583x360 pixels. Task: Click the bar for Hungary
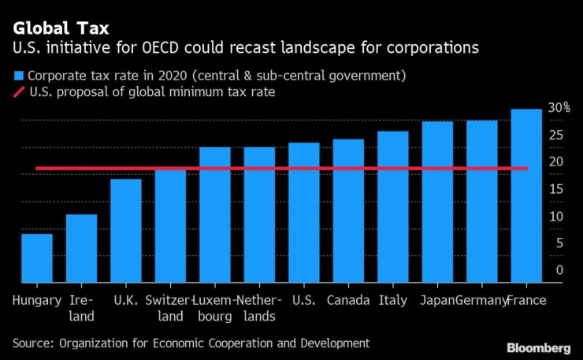pyautogui.click(x=37, y=258)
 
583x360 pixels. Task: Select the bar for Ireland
pyautogui.click(x=81, y=248)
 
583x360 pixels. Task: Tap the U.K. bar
pyautogui.click(x=126, y=230)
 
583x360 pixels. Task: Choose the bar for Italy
pyautogui.click(x=392, y=206)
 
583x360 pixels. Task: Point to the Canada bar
pyautogui.click(x=348, y=210)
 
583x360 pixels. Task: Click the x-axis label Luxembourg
pyautogui.click(x=215, y=308)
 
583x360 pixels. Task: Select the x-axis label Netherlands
pyautogui.click(x=259, y=308)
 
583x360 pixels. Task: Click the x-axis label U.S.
pyautogui.click(x=303, y=300)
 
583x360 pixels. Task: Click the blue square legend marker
pyautogui.click(x=17, y=76)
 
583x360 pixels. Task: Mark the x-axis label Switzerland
pyautogui.click(x=169, y=308)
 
